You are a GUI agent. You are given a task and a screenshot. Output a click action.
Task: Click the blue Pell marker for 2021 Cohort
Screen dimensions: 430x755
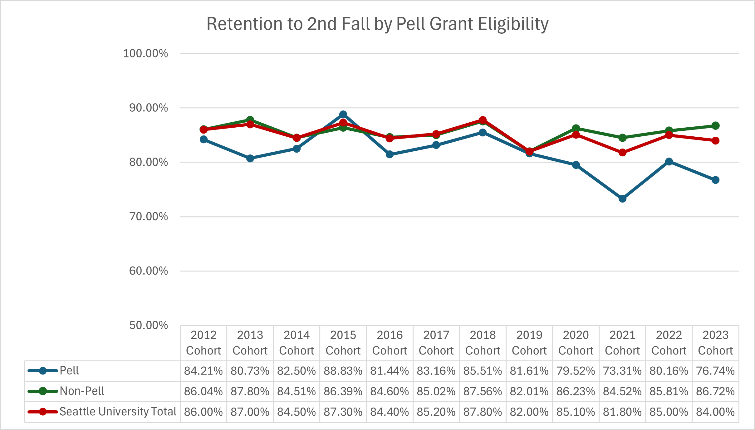622,198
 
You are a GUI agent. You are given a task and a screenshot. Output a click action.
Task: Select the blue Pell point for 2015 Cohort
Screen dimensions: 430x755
343,115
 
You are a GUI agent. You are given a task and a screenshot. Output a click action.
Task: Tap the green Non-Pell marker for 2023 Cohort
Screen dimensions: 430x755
715,126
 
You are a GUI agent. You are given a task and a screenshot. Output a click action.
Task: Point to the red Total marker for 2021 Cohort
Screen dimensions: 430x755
622,153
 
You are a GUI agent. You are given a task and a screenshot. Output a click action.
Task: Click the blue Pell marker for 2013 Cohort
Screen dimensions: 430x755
250,158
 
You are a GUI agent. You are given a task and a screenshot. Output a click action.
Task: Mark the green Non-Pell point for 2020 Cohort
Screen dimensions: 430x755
576,128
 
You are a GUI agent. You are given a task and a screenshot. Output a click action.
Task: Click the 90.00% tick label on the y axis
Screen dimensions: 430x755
149,108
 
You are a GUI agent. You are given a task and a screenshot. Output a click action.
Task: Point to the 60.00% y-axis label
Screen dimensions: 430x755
149,271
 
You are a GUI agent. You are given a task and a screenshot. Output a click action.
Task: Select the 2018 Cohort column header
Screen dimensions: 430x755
483,343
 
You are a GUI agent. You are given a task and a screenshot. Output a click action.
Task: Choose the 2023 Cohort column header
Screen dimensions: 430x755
715,343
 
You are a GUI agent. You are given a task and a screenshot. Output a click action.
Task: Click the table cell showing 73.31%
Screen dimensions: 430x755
622,371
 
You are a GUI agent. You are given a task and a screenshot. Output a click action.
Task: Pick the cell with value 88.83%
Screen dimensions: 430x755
343,371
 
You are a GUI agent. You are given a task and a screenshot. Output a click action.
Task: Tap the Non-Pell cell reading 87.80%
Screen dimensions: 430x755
250,391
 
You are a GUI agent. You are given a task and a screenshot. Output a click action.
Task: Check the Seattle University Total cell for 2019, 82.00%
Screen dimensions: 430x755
529,412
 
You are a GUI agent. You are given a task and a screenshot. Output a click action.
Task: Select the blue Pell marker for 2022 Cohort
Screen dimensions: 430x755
669,162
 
